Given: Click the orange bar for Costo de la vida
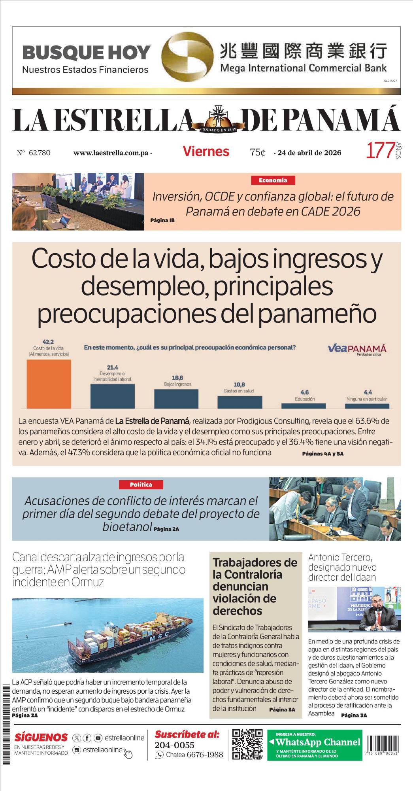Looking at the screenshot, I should [49, 384].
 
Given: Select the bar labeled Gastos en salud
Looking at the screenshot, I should [240, 402].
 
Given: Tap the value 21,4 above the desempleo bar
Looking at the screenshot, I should [112, 367].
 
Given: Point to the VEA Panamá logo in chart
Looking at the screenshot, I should [357, 349].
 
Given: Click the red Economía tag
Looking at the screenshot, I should [273, 180].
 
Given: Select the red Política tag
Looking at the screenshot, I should [141, 484].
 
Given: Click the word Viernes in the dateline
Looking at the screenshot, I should [206, 151].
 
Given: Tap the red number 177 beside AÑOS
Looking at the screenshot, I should [380, 151].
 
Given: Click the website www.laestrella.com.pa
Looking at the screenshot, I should [111, 153].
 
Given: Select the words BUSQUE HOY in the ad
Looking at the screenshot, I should [86, 53].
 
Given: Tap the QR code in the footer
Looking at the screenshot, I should [247, 744].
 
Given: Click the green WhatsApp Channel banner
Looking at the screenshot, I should [315, 745].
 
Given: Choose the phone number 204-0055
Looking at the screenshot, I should [174, 745].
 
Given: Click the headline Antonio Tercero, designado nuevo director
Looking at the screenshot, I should [342, 567].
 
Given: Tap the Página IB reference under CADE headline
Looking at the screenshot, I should [162, 220].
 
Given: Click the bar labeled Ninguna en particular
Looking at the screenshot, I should [367, 405].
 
